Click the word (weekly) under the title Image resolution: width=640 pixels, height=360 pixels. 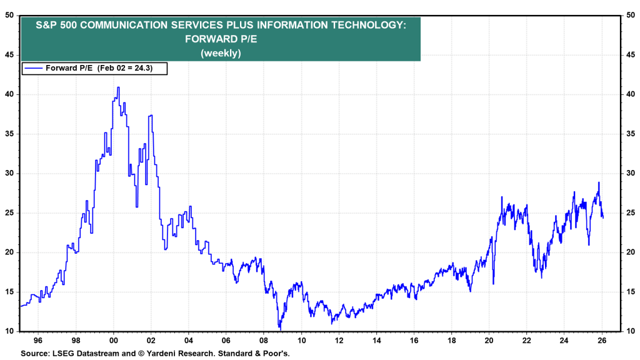coord(221,53)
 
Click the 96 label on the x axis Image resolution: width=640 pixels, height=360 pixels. coord(38,341)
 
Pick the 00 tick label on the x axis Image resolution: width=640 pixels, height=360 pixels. coord(113,341)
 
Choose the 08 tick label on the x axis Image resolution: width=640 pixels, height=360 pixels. coord(263,341)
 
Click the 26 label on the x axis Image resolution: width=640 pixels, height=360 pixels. coord(601,341)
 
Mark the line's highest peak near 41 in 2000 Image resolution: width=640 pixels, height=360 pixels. coord(118,87)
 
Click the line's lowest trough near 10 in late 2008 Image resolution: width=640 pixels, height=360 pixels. coord(280,329)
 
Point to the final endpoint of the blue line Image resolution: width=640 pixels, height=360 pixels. coord(602,217)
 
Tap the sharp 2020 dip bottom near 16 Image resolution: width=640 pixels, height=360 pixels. coord(494,284)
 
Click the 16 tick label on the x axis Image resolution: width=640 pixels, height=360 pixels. coord(414,341)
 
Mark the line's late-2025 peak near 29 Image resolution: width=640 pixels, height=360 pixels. coord(598,182)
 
